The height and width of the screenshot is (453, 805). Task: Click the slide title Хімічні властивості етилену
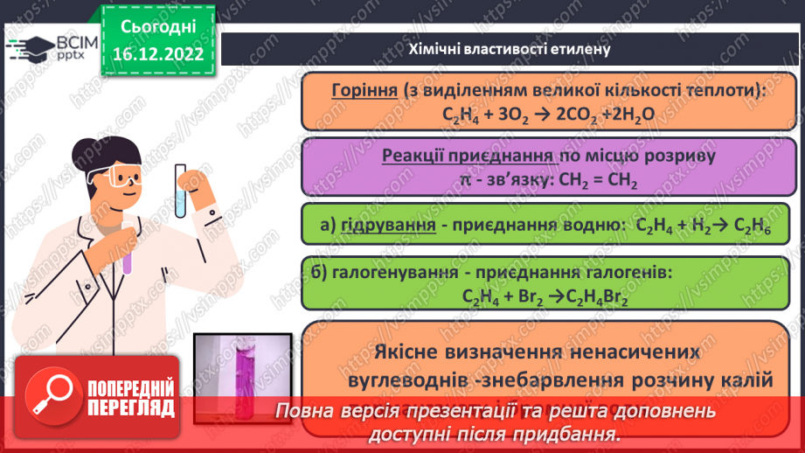[510, 49]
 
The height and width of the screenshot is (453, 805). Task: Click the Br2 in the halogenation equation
[530, 296]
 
